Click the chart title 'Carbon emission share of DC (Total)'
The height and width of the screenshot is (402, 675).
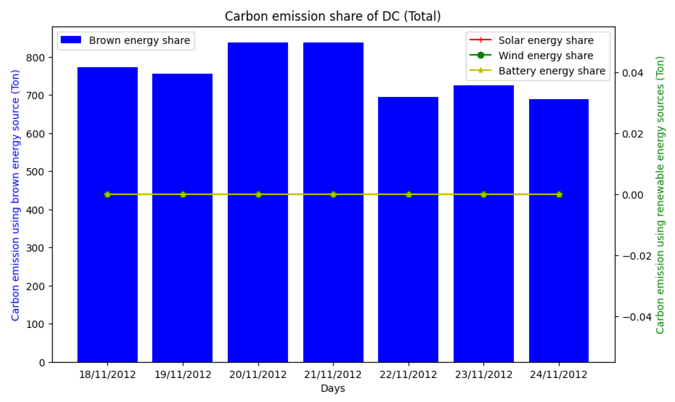tap(333, 16)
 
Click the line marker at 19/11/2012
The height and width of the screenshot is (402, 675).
tap(183, 195)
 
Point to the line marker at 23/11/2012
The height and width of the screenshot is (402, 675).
tap(484, 195)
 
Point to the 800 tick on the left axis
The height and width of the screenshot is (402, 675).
tap(35, 58)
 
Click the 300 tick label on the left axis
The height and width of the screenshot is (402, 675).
tap(35, 248)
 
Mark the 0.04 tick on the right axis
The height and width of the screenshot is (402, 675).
tap(632, 73)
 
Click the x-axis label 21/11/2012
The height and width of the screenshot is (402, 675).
tap(333, 375)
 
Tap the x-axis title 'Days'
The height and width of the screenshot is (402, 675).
tap(333, 388)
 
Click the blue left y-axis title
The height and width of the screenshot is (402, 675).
tap(15, 195)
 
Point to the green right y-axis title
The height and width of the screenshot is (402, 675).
tap(660, 195)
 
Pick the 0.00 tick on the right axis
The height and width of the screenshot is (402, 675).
tap(632, 195)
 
